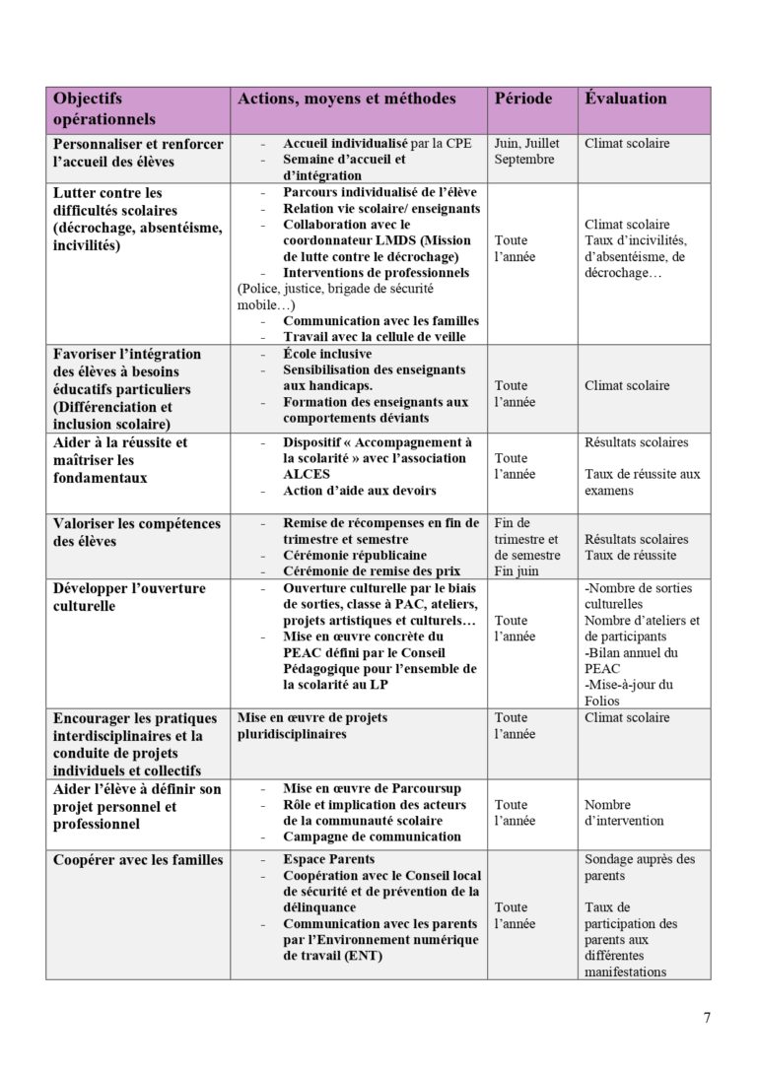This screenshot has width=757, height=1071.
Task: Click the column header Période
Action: (x=522, y=99)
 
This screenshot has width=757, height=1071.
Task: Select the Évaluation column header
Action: (x=626, y=99)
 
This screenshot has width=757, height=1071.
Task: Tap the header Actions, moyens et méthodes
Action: (x=346, y=99)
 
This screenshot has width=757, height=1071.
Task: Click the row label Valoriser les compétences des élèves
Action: (x=136, y=532)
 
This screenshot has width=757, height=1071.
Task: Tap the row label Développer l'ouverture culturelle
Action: (x=128, y=597)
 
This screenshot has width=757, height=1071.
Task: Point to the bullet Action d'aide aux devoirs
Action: (x=359, y=491)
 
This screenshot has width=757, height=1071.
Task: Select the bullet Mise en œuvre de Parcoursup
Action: (x=372, y=789)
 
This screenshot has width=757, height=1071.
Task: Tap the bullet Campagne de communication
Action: (x=372, y=837)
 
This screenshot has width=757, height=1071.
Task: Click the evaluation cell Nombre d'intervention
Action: (x=624, y=813)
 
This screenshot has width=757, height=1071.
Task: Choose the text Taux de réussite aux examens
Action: (x=642, y=482)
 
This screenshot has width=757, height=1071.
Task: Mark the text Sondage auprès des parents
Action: (x=640, y=867)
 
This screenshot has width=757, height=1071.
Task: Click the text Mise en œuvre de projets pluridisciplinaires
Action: (x=311, y=726)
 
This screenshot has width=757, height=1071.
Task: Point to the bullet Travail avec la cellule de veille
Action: (x=374, y=337)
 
